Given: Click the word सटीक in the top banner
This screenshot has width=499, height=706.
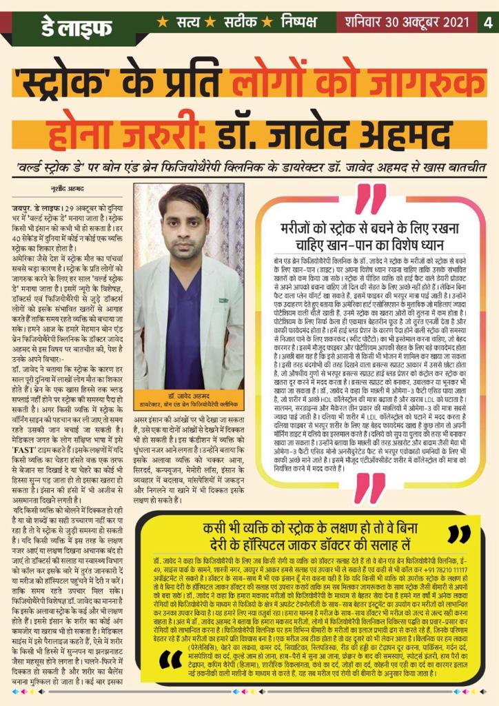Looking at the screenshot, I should tap(241, 21).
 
